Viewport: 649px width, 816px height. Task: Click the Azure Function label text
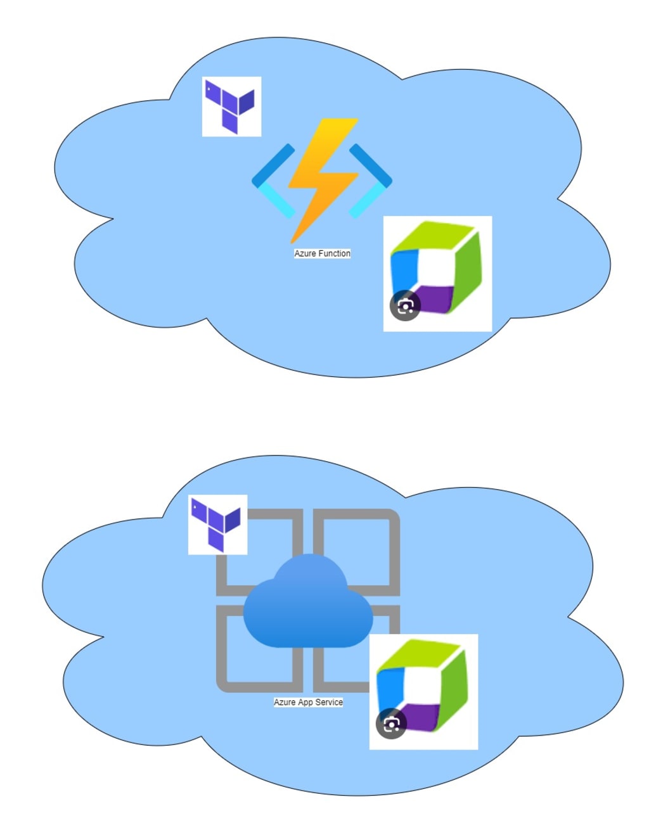click(322, 253)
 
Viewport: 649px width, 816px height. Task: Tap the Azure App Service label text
click(308, 702)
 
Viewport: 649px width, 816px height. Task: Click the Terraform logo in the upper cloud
click(231, 106)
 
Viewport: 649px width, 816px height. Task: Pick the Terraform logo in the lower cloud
click(217, 525)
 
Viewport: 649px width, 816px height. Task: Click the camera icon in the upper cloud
click(405, 306)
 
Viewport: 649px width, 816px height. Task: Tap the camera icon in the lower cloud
click(391, 724)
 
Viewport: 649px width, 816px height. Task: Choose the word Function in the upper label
click(334, 253)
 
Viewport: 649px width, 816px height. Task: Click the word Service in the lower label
click(329, 702)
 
